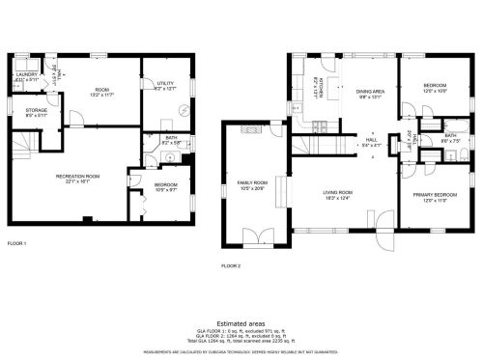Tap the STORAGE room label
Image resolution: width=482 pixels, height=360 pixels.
coord(36,111)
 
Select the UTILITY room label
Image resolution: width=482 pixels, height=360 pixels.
coord(164,84)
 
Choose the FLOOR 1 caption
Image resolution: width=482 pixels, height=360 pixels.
coord(16,242)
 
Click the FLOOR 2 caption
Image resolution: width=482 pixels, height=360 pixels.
coord(230,264)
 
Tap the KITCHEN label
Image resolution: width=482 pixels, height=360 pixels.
coord(316,92)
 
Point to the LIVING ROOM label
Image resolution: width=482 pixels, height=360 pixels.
coord(337,194)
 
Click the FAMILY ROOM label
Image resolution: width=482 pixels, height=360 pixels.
coord(252,184)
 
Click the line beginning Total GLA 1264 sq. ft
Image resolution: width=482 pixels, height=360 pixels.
coord(241,342)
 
